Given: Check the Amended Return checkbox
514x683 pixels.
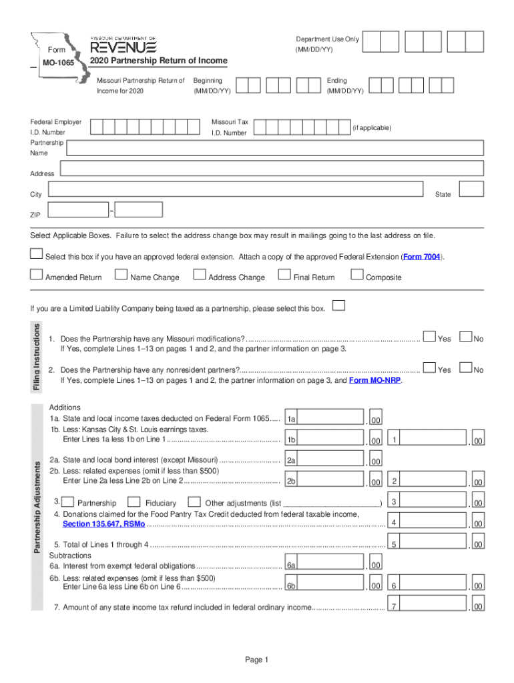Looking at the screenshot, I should point(36,274).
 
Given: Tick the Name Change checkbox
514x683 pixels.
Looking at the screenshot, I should point(121,274).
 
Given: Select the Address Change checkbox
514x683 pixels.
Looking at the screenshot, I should point(199,274).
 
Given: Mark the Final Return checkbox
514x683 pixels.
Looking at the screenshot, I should point(284,274).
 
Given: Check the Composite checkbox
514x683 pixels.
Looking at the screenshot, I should point(356,274).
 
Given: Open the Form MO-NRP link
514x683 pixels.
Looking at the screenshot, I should point(375,380).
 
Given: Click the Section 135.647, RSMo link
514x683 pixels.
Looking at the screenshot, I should point(103,524).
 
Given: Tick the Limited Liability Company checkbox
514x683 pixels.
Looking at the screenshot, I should point(339,306).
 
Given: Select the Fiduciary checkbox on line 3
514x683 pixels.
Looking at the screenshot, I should point(134,502).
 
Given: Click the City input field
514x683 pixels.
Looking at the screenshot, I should point(236,189).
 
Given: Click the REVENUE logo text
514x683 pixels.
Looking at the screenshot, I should point(123,47).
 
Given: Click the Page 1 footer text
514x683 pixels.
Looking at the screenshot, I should point(256,660).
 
